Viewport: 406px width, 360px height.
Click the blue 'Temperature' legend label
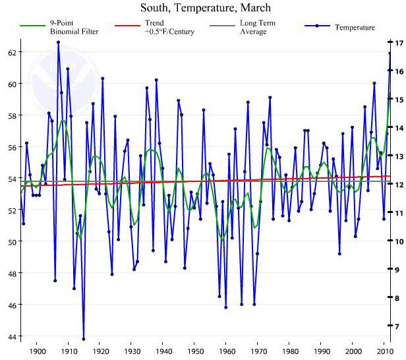(355, 27)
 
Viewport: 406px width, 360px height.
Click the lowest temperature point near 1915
(84, 339)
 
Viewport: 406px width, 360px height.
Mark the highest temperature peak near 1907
(58, 42)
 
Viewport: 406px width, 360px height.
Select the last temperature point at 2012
(390, 53)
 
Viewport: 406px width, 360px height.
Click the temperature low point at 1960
(226, 307)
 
